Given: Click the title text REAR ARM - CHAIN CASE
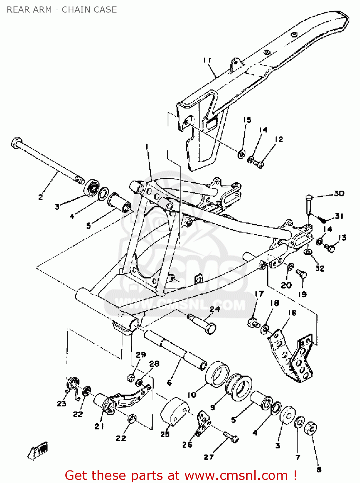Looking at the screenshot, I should pos(62,10).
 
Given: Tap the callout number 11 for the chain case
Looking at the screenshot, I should pos(207,60).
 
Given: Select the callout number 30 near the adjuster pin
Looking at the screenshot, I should pos(339,193).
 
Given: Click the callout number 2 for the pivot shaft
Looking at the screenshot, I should pos(41,197).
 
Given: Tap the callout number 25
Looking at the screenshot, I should pos(165,434).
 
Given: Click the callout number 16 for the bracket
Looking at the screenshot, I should pos(292,313).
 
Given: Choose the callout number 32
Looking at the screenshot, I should pos(320,268).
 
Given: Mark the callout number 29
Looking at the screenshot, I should pos(141,355).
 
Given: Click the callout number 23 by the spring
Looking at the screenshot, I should pos(62,403).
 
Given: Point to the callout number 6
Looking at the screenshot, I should pos(169,383).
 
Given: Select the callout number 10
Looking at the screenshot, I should pos(192,394).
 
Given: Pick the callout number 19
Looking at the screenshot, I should pos(302,294).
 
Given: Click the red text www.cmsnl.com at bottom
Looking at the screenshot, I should pos(236,475).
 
